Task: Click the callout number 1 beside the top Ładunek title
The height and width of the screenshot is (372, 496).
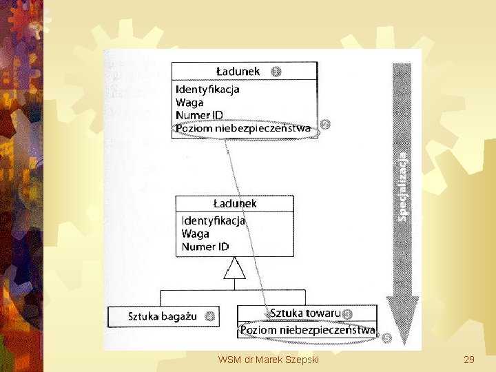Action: coord(276,71)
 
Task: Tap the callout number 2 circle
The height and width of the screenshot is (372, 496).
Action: coord(325,125)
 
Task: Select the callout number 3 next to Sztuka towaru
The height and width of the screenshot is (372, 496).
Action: coord(348,314)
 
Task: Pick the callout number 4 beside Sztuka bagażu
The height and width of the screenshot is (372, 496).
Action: coord(209,317)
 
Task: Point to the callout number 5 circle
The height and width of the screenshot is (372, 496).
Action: coord(386,338)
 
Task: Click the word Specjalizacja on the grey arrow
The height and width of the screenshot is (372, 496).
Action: coord(403,186)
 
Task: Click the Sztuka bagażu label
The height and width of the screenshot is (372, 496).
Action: coord(163,317)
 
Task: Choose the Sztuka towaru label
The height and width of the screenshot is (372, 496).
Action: coord(304,313)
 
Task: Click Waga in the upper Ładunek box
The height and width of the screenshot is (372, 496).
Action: coord(189,102)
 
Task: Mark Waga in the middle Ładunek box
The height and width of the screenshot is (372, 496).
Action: coord(195,234)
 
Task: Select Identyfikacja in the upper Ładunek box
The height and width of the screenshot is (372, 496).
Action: coord(207,90)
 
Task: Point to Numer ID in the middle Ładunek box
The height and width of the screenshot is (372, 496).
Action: coord(205,247)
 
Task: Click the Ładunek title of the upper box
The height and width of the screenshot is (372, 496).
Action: coord(238,71)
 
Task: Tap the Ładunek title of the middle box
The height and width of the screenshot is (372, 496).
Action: coord(234,203)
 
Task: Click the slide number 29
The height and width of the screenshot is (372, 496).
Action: coord(469,360)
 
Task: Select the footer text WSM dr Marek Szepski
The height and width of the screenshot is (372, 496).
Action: coord(267,360)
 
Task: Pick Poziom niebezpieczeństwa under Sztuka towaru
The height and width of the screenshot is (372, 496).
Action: coord(307,331)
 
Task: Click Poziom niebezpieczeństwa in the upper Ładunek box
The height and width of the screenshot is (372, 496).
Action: coord(243,127)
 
